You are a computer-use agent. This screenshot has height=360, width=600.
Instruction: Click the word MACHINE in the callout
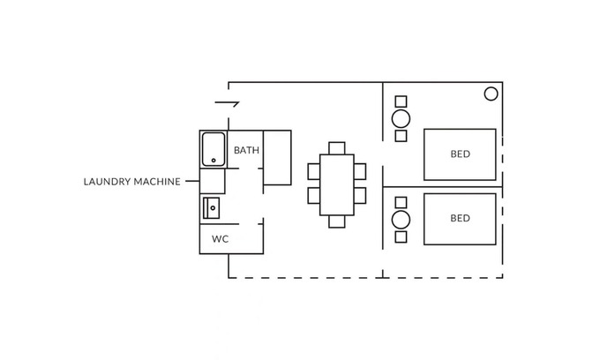pos(157,182)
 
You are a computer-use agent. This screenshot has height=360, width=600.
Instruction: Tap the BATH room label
pos(246,151)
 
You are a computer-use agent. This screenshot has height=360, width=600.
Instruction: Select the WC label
pos(220,238)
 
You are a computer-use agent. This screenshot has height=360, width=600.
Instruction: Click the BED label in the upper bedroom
pos(460,154)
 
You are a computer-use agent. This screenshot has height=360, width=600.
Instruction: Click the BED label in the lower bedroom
pos(460,218)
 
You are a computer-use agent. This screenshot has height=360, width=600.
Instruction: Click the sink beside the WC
pos(212,208)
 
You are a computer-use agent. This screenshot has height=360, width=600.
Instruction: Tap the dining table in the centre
pos(336,185)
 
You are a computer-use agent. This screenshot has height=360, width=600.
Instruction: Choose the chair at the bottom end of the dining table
pos(336,221)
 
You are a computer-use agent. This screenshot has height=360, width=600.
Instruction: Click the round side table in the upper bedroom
pos(401,118)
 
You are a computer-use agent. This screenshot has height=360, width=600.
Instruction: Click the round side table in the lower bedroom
pos(401,219)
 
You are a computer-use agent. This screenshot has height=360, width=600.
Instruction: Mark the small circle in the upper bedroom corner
pos(491,94)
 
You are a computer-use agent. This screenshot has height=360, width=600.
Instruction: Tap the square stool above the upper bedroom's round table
pos(401,101)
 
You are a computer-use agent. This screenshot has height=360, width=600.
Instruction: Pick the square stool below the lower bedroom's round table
pos(401,236)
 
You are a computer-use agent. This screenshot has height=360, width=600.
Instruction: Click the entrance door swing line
pos(227,106)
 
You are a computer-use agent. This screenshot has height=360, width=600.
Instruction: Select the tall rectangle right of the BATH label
pos(277,157)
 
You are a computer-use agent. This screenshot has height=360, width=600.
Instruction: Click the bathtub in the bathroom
pos(213,149)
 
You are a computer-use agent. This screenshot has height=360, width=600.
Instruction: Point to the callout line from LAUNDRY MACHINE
pos(191,182)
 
